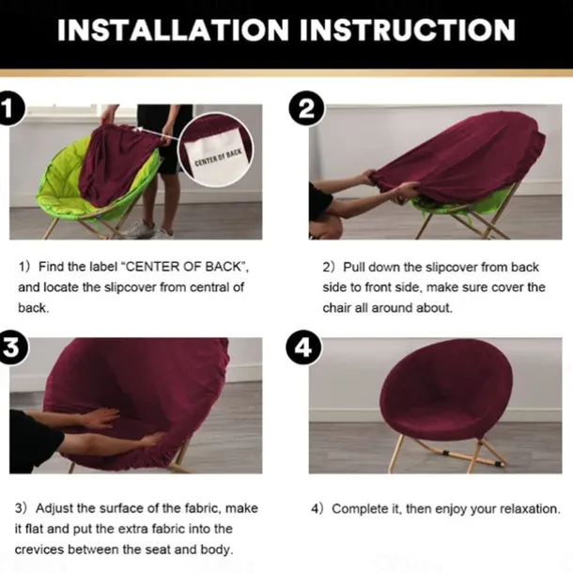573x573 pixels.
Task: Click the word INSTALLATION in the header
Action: click(x=173, y=30)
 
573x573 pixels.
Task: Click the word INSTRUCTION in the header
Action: click(x=408, y=30)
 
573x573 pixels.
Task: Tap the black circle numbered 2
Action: click(x=306, y=109)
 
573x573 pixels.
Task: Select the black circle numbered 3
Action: click(x=11, y=348)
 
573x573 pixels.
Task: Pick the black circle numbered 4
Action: click(x=303, y=348)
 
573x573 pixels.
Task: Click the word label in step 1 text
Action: click(x=105, y=267)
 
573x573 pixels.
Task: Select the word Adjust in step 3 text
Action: click(x=54, y=508)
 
